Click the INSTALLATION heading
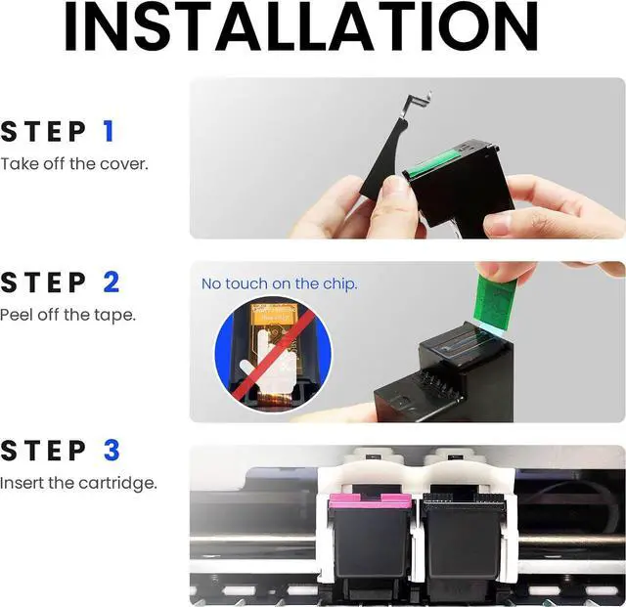(x=314, y=28)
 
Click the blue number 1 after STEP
(x=110, y=131)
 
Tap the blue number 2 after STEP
(x=111, y=282)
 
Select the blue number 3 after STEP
(x=111, y=451)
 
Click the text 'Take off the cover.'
(x=74, y=163)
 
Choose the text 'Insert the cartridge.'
(x=77, y=483)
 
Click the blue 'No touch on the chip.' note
(x=279, y=283)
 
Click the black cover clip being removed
(x=385, y=166)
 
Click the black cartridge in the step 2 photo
(x=445, y=376)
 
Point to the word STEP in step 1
(x=43, y=131)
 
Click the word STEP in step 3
(x=43, y=451)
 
